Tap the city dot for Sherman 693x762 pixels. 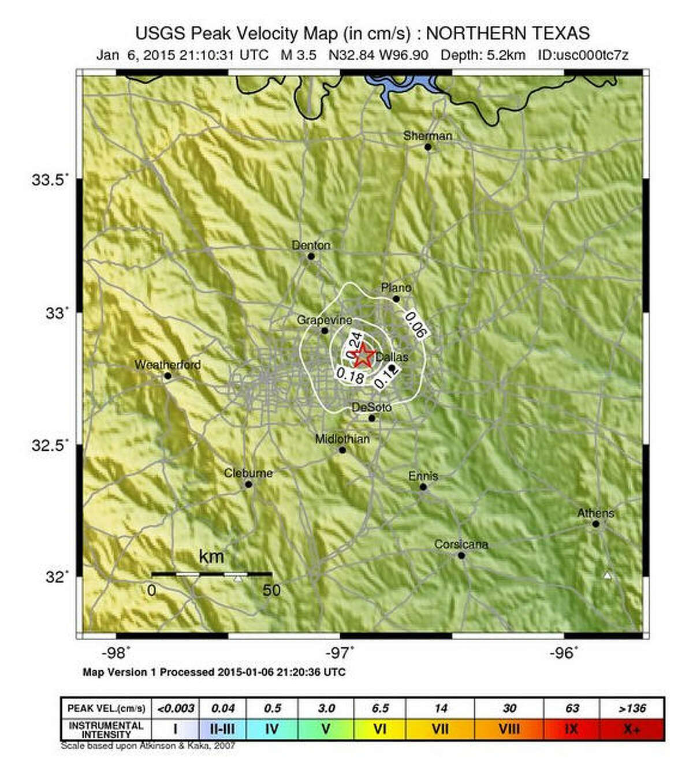coord(428,147)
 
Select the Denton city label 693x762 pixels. coord(311,245)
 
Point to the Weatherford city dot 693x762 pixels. coord(167,376)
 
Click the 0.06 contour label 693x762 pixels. coord(416,324)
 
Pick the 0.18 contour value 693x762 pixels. coord(350,376)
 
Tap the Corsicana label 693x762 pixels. coord(461,544)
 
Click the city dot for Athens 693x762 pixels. coord(595,524)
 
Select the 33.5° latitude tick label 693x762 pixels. coord(49,180)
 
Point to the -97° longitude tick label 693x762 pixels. coord(341,653)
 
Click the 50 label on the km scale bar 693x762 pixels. coord(271,590)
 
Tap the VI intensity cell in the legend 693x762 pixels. coord(379,729)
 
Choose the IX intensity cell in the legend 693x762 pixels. coord(571,729)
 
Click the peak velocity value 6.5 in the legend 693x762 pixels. coord(380,708)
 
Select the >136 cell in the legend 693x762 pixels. coord(632,708)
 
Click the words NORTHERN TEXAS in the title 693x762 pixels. coord(508,33)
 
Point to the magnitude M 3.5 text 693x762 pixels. coord(299,55)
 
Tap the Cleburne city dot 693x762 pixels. coord(248,484)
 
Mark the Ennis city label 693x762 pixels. coord(423,476)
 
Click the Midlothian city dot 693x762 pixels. coord(342,450)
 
